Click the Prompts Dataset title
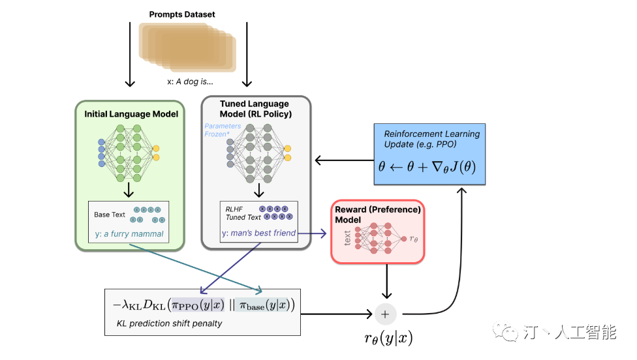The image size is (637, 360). tap(182, 14)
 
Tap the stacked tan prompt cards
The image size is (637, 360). tap(187, 48)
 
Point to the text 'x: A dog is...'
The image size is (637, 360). tap(190, 82)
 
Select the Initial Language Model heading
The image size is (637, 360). tap(131, 114)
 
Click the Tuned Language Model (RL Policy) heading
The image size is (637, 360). tap(256, 109)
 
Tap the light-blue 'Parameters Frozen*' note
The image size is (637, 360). tap(223, 130)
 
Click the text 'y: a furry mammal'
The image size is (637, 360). tap(129, 234)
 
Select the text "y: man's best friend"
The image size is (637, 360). tap(258, 233)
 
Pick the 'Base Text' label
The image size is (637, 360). tap(110, 215)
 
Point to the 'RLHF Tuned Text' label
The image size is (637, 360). tap(243, 213)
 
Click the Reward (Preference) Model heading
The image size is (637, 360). tap(378, 215)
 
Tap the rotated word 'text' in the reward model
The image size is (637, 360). tap(347, 238)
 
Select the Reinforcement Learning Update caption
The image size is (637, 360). tap(432, 139)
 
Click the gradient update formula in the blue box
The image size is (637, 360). tap(427, 167)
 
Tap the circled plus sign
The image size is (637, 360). tap(385, 314)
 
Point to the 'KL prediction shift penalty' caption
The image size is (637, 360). tap(170, 323)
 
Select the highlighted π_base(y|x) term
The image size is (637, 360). tap(264, 305)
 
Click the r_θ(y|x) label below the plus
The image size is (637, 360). tap(388, 338)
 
